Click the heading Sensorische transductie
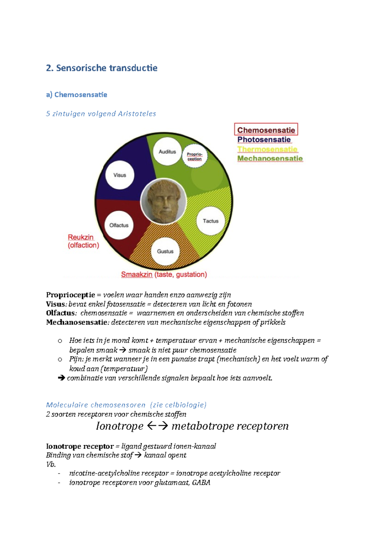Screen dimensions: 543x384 click(x=101, y=68)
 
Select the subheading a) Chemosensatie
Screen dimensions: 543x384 click(x=76, y=95)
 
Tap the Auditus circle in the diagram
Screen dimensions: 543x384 click(x=167, y=152)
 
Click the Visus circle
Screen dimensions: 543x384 click(x=120, y=175)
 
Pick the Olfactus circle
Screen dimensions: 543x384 click(x=119, y=225)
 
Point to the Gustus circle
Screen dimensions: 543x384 click(x=165, y=251)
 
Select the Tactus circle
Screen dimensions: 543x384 click(x=211, y=221)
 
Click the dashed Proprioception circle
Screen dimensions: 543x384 click(x=195, y=156)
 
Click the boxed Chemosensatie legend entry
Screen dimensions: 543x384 click(x=266, y=130)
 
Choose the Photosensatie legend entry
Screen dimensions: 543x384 click(x=264, y=139)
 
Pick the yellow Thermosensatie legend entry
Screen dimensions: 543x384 click(x=267, y=149)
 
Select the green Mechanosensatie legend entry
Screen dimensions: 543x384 click(x=270, y=158)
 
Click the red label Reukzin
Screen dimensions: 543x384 click(x=81, y=237)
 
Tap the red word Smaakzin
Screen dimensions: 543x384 click(x=137, y=274)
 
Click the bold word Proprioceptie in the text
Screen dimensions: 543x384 click(x=70, y=295)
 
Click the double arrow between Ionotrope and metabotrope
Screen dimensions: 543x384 click(x=157, y=426)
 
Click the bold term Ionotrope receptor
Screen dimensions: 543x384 click(x=80, y=446)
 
